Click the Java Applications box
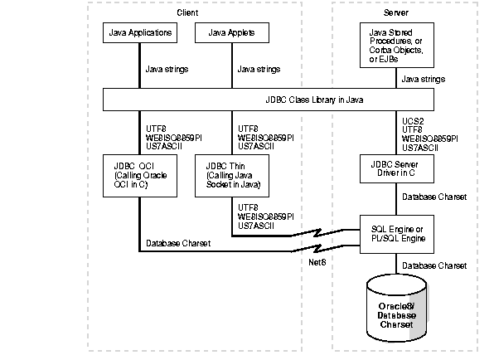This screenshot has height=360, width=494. pos(140,33)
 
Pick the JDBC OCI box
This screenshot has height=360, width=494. pos(140,175)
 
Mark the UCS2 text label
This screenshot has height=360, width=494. pos(412,121)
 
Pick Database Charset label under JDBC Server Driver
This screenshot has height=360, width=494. pos(434,198)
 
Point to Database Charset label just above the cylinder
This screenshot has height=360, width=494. pos(434,265)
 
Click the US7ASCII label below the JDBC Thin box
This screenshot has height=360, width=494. pos(254,225)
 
